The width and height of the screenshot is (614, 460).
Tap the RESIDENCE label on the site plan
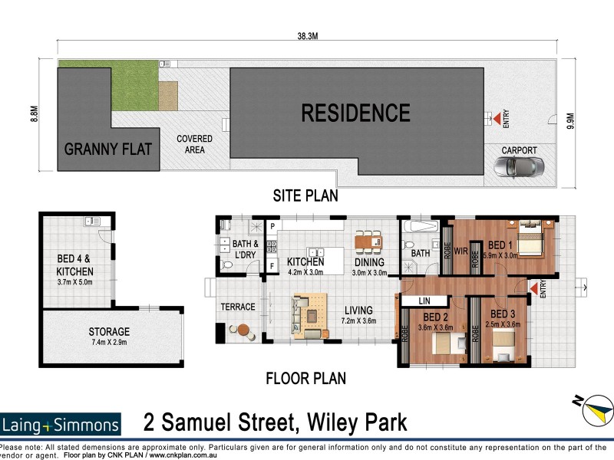355,113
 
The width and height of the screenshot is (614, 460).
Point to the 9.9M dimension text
569,121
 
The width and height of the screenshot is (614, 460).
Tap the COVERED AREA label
190,144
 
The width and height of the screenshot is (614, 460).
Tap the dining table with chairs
368,242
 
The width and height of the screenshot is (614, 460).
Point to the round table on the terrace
243,330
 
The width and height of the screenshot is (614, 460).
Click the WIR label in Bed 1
461,250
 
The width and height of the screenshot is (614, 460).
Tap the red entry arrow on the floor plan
531,287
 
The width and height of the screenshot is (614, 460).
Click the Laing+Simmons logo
61,424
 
